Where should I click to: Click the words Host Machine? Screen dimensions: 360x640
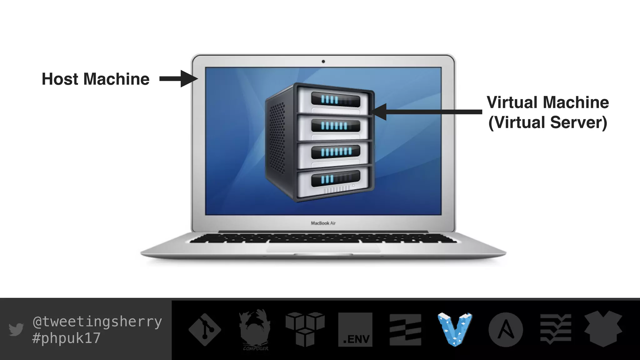pos(95,79)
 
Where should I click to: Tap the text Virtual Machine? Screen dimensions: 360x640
pos(547,102)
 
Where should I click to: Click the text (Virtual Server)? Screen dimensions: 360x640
pos(547,122)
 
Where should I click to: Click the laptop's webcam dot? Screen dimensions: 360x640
pos(323,62)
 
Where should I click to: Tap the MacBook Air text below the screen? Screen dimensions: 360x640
pos(323,223)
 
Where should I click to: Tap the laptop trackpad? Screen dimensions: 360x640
pos(323,248)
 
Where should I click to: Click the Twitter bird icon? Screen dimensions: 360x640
pos(16,329)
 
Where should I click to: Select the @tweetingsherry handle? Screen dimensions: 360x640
pos(97,322)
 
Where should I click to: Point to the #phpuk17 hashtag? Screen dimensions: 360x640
pos(66,338)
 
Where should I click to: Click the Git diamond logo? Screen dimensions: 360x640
pos(205,330)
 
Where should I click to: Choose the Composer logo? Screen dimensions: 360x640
pos(255,330)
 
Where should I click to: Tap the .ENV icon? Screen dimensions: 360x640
pos(355,330)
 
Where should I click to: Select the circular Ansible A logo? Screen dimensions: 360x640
pos(506,330)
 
